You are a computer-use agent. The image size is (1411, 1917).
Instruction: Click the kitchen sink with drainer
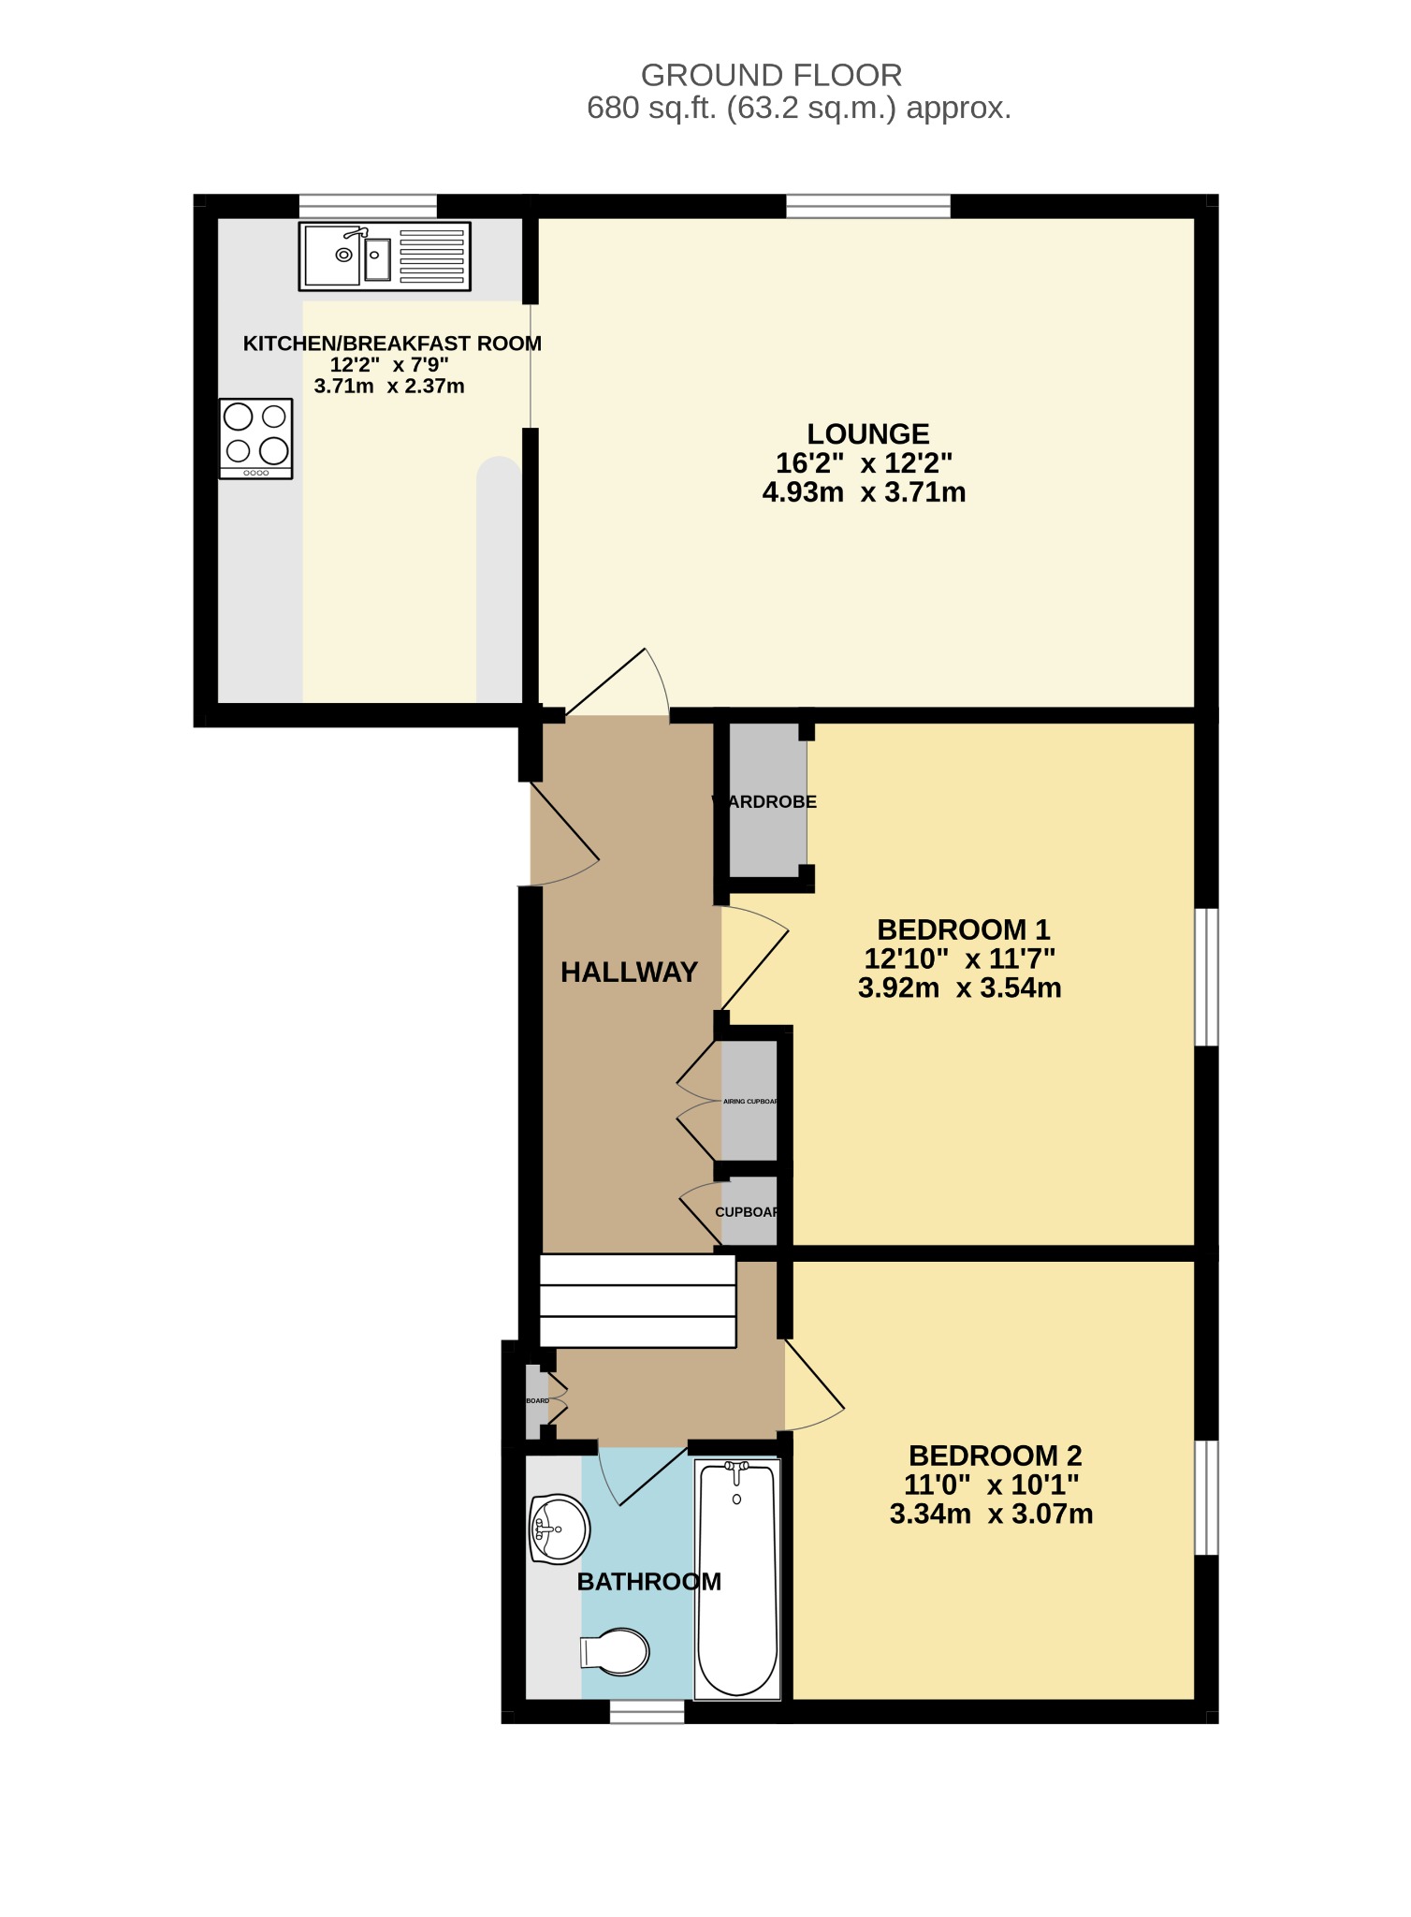[x=385, y=256]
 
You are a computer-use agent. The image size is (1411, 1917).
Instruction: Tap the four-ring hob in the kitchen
[x=256, y=438]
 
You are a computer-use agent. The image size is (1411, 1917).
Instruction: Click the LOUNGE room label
[x=867, y=434]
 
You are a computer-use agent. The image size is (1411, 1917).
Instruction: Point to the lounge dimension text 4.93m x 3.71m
[x=864, y=492]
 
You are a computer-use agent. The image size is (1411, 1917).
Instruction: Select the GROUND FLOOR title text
[x=771, y=75]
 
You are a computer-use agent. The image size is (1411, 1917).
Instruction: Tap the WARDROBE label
[x=764, y=802]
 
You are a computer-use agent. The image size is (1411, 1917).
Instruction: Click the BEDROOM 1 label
[x=963, y=929]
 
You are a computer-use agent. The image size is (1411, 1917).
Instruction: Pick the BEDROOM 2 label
[x=995, y=1456]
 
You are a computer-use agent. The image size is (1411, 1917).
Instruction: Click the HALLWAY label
[x=629, y=973]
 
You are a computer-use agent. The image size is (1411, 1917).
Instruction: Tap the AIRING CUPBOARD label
[x=750, y=1102]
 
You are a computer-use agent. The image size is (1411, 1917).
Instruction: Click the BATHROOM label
[x=648, y=1582]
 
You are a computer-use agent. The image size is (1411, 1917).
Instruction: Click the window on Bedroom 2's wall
[x=1208, y=1497]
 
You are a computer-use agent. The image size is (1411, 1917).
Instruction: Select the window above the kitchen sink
[x=368, y=206]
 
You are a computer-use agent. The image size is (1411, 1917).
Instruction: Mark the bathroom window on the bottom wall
[x=647, y=1711]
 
